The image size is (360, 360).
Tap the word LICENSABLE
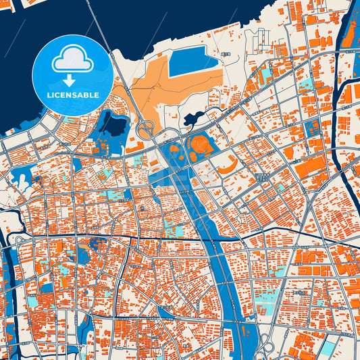[x=72, y=95]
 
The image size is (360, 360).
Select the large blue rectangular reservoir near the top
[x=193, y=63]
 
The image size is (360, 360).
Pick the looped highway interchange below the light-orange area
[x=145, y=129]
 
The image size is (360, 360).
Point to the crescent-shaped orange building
[x=228, y=163]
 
